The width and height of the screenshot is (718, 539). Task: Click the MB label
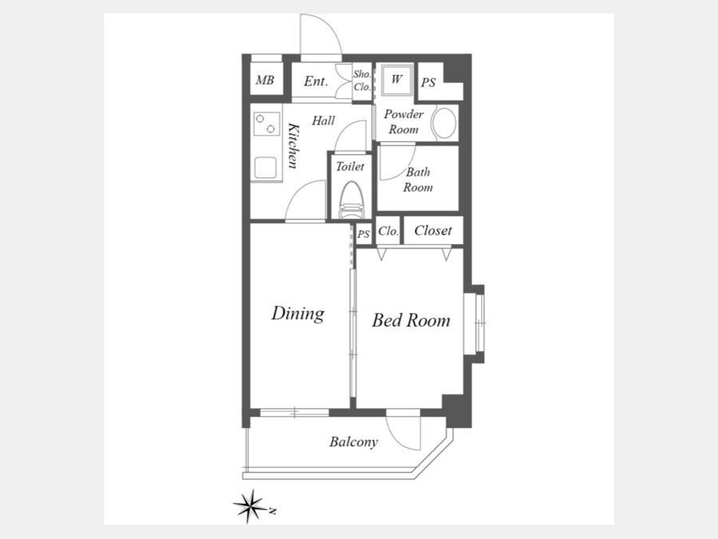[x=265, y=81]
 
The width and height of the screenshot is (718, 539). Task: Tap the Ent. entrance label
[x=316, y=81]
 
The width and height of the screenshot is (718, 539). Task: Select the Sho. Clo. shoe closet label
[x=361, y=81]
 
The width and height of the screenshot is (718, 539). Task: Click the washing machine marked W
[x=396, y=79]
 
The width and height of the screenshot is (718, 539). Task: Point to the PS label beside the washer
[x=428, y=83]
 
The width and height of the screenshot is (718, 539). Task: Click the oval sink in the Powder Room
[x=444, y=123]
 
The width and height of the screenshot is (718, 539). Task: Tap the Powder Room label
[x=404, y=121]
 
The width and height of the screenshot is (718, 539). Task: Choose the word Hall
[x=323, y=121]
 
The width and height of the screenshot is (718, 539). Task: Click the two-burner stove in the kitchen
[x=266, y=124]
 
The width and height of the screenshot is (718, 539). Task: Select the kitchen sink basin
[x=266, y=168]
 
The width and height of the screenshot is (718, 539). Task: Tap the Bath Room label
[x=417, y=180]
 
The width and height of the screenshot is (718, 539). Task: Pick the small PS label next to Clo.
[x=364, y=234]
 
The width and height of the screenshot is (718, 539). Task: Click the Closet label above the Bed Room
[x=432, y=231]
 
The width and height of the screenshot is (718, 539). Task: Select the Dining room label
[x=298, y=314]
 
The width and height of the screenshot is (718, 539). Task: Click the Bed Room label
[x=411, y=320]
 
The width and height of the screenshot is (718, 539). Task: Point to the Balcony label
[x=353, y=442]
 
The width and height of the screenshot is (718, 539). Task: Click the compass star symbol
[x=250, y=506]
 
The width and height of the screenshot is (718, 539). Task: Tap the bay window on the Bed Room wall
[x=475, y=323]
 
